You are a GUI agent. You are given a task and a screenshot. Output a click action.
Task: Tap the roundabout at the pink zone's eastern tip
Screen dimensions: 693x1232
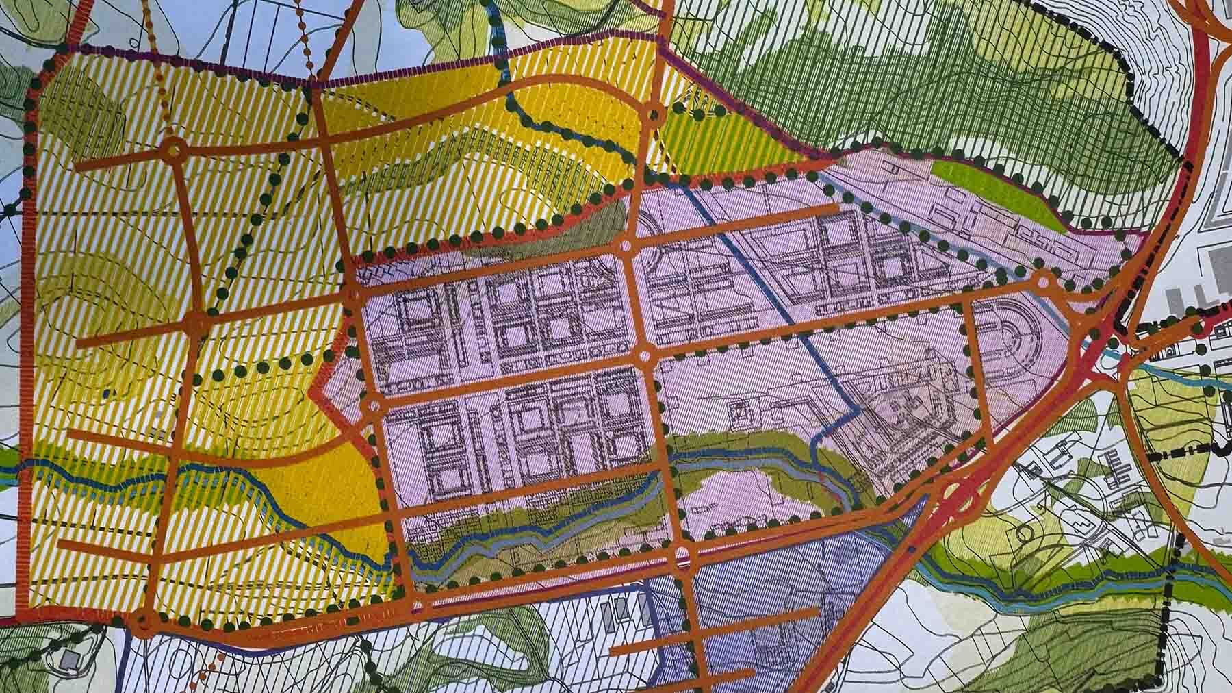(x=1043, y=279)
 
